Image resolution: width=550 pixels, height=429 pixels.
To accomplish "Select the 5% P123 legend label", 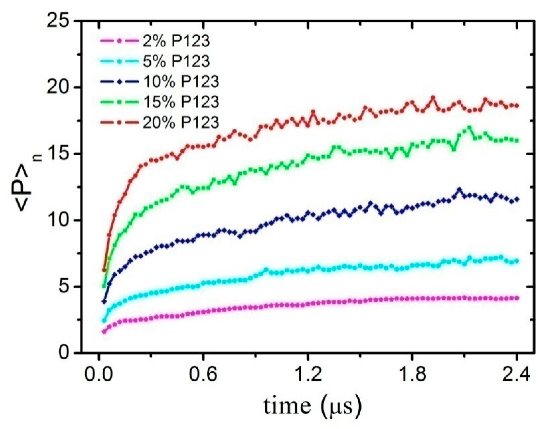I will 176,61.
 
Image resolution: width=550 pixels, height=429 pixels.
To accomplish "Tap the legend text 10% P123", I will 181,81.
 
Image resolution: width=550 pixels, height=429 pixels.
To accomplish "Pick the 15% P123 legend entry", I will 181,102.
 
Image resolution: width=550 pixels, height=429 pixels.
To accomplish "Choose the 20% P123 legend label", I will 181,122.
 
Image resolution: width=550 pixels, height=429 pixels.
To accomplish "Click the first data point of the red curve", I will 104,270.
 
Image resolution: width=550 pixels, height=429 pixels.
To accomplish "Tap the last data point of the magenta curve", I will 517,298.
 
